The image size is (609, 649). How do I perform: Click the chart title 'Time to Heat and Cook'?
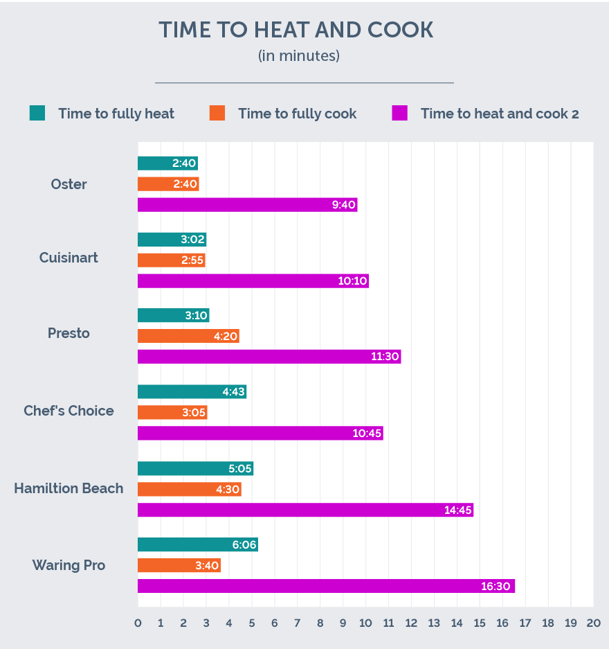point(296,30)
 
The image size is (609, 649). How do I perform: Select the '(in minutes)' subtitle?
point(299,56)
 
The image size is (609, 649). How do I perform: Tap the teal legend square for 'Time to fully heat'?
point(37,113)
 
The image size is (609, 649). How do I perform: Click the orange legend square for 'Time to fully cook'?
point(217,113)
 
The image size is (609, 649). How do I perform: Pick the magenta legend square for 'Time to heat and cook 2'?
point(399,113)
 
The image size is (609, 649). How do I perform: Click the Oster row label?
point(69,184)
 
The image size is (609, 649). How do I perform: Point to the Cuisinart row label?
point(69,258)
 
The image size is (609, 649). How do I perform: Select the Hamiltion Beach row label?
point(69,488)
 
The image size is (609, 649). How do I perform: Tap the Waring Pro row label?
point(69,565)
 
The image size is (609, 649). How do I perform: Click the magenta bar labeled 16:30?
point(325,586)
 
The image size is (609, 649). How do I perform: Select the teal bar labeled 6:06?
point(197,544)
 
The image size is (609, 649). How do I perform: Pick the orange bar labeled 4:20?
point(188,336)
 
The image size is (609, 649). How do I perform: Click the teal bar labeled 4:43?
point(192,392)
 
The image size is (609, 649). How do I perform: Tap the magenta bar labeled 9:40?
point(247,205)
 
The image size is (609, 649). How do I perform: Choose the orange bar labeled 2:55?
point(171,260)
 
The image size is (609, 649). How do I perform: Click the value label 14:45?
point(458,510)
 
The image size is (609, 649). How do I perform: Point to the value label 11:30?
point(385,357)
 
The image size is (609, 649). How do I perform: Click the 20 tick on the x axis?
point(593,623)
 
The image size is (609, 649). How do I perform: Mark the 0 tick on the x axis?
point(138,623)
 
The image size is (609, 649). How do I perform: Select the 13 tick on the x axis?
point(434,623)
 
